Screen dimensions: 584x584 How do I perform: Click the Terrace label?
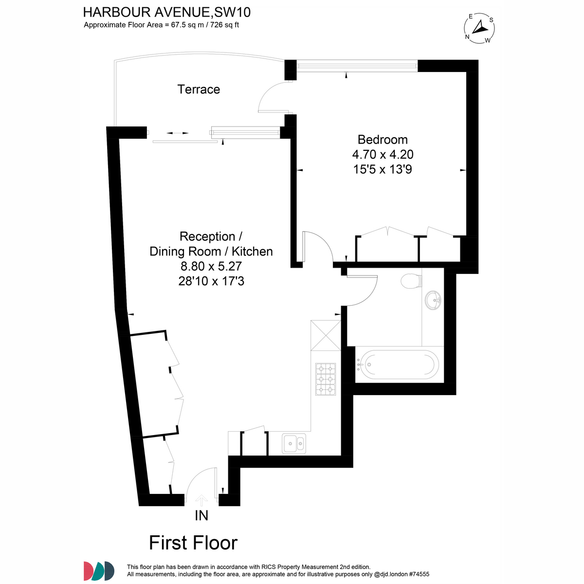[x=199, y=90]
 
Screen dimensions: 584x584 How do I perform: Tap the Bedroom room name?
[x=383, y=140]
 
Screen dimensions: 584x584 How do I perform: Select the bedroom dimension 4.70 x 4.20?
[x=383, y=155]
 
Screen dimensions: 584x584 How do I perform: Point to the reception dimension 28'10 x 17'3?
[x=211, y=281]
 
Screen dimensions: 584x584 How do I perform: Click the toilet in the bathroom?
[x=411, y=281]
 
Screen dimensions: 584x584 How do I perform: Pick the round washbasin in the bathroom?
[x=433, y=300]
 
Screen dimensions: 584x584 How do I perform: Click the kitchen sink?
[x=293, y=444]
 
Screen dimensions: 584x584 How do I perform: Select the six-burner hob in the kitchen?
[x=326, y=379]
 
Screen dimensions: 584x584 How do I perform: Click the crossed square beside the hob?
[x=326, y=335]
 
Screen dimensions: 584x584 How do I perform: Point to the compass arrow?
[x=480, y=27]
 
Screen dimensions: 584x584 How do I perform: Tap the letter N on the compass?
[x=467, y=37]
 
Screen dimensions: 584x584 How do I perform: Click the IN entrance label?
[x=201, y=515]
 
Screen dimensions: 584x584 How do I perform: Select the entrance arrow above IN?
[x=201, y=500]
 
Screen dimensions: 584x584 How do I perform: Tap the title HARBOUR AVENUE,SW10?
[x=167, y=13]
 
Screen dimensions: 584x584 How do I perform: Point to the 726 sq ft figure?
[x=224, y=25]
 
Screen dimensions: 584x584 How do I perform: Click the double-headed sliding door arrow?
[x=177, y=133]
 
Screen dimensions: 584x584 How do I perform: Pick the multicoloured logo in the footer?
[x=99, y=571]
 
